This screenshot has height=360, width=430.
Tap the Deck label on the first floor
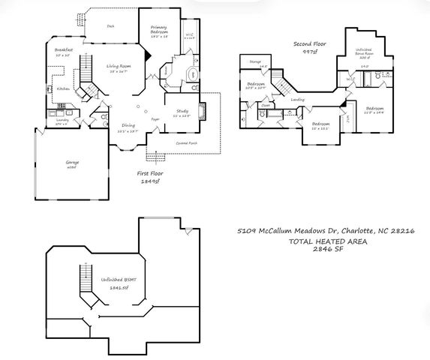click(110, 26)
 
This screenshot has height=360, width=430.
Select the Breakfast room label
click(63, 52)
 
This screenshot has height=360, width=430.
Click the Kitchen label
click(63, 88)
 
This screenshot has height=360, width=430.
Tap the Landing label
click(297, 99)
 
